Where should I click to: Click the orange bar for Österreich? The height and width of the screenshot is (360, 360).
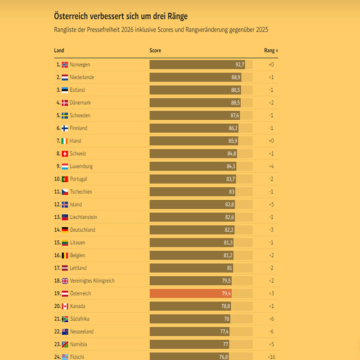click(x=191, y=293)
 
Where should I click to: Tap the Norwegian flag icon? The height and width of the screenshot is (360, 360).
click(x=65, y=65)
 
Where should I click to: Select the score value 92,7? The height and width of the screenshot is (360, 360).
click(x=239, y=65)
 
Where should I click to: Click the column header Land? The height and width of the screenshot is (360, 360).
click(x=58, y=50)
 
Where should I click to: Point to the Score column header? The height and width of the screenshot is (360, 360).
click(x=155, y=50)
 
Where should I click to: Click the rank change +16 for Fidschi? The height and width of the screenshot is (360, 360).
click(x=271, y=357)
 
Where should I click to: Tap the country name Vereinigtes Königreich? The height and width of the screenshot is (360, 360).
click(x=92, y=281)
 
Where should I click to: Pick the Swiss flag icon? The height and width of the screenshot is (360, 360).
click(x=65, y=154)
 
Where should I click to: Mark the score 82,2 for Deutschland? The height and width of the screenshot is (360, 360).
click(x=229, y=230)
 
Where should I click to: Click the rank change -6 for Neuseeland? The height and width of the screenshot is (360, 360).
click(x=271, y=332)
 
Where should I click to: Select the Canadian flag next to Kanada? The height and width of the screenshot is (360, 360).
click(x=65, y=306)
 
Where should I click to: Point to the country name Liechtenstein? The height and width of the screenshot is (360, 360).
click(x=83, y=217)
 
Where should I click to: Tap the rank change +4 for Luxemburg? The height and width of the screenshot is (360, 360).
click(x=271, y=166)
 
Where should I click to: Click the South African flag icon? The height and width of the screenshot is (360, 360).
click(x=65, y=319)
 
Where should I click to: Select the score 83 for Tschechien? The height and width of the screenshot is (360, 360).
click(x=231, y=192)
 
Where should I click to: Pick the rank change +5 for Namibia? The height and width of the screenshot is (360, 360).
click(x=271, y=344)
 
